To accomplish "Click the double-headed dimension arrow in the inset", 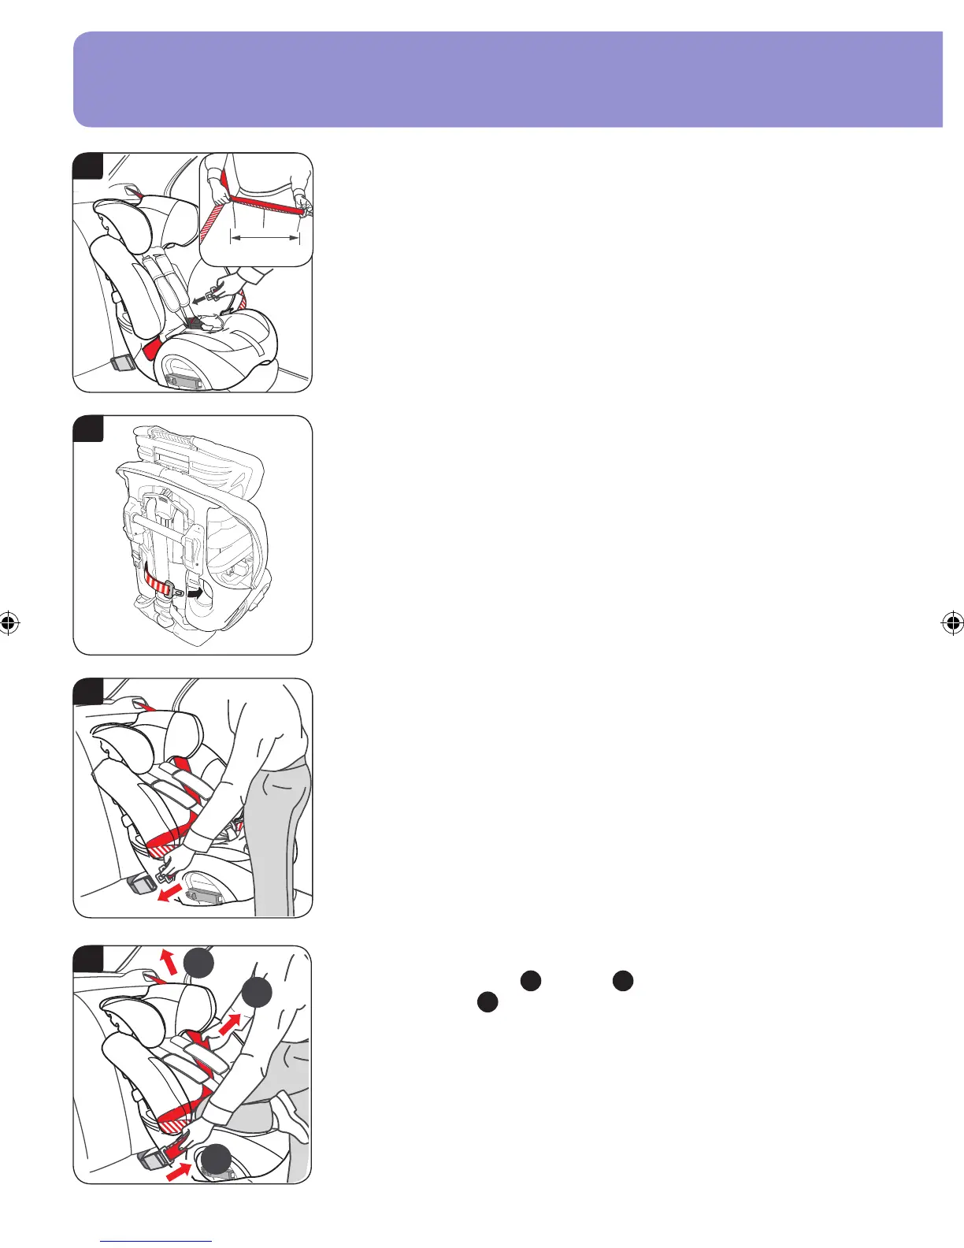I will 265,236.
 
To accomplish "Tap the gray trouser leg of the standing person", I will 275,835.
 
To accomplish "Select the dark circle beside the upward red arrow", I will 199,964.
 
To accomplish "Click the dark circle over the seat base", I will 214,1160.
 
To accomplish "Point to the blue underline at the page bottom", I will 157,1241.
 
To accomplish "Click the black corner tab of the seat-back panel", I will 88,429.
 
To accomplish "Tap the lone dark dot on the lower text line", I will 488,1003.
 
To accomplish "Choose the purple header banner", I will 508,79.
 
